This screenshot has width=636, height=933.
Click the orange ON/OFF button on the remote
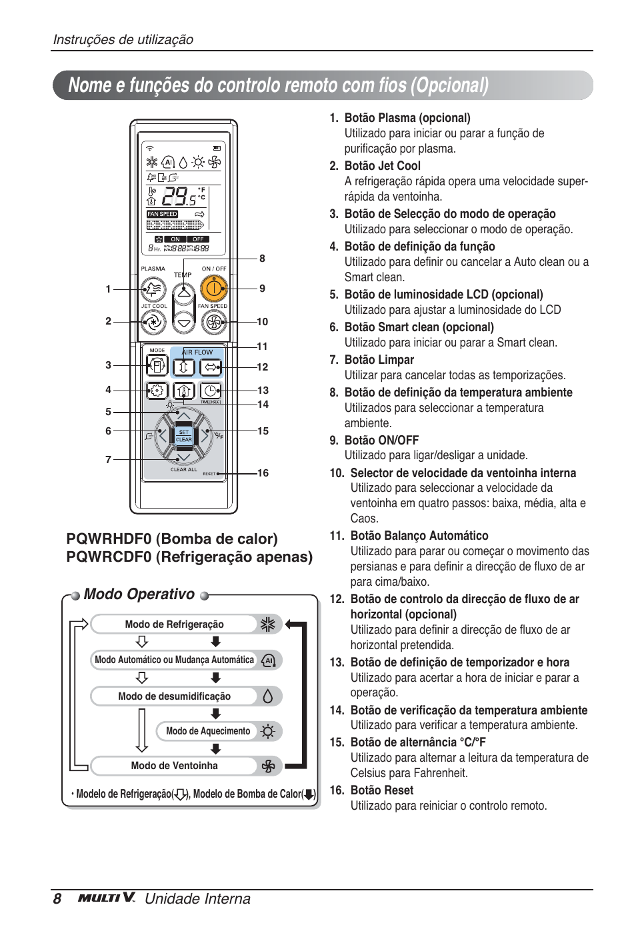[x=213, y=289]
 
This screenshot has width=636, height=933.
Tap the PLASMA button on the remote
[x=154, y=289]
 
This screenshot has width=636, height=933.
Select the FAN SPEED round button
[x=213, y=323]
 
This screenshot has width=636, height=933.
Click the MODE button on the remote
[x=157, y=366]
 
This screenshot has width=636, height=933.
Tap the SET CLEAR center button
[x=183, y=436]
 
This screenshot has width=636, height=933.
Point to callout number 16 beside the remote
[x=263, y=473]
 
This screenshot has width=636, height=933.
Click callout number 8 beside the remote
[x=262, y=259]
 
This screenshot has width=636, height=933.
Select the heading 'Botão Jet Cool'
[x=382, y=166]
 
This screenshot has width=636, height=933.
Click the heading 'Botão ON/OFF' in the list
[x=381, y=441]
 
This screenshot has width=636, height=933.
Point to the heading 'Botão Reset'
[x=382, y=790]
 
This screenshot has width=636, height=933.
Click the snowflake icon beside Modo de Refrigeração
[x=268, y=624]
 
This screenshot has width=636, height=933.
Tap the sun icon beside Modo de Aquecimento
[x=268, y=731]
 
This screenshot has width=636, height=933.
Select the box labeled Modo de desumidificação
[x=175, y=696]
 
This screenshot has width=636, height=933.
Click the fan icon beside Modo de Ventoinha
[x=268, y=766]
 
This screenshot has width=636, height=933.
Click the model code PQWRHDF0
[x=109, y=539]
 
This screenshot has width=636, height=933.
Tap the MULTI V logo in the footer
[x=107, y=898]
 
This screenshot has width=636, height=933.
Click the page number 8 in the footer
[x=57, y=899]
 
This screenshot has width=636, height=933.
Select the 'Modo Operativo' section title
[x=139, y=594]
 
